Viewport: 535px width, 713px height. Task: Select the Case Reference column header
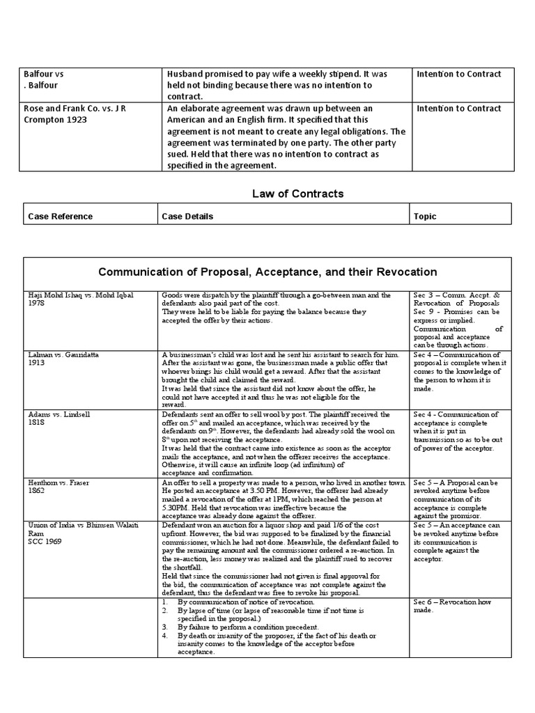60,217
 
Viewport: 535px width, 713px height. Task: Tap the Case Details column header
187,217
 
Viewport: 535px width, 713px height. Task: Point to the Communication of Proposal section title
267,272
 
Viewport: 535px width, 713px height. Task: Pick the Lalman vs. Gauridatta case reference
63,354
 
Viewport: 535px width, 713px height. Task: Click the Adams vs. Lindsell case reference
59,414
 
